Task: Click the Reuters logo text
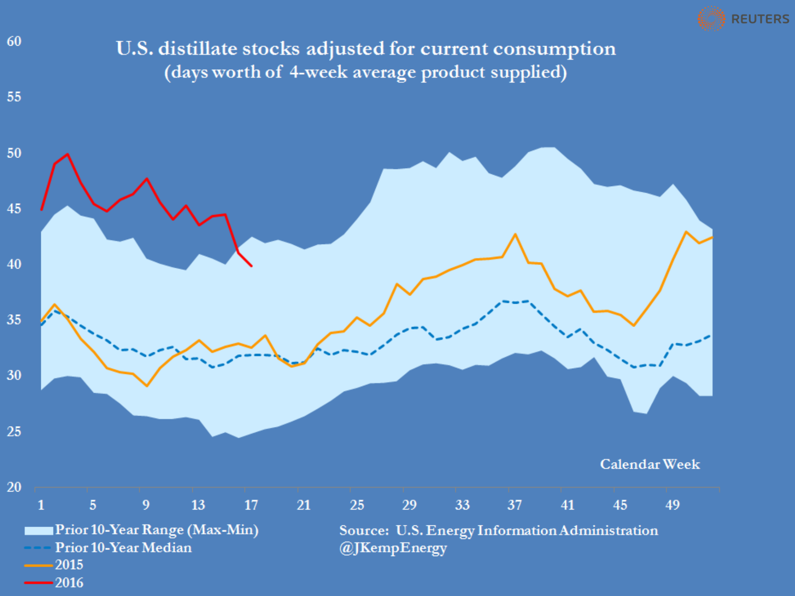760,19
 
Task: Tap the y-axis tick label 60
14,41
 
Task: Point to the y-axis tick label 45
14,208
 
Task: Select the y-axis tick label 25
14,431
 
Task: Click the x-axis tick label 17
251,505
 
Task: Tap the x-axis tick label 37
514,505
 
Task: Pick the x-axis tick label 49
673,505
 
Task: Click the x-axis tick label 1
41,505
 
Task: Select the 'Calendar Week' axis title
650,464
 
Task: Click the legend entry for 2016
69,582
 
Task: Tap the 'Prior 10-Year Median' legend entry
123,547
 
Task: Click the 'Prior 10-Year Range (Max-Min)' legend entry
156,530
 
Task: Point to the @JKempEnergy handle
393,548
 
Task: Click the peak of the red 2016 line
68,154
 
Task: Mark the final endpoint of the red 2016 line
251,266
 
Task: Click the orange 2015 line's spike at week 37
515,234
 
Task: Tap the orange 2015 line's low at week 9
147,386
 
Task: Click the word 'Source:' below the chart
364,530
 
